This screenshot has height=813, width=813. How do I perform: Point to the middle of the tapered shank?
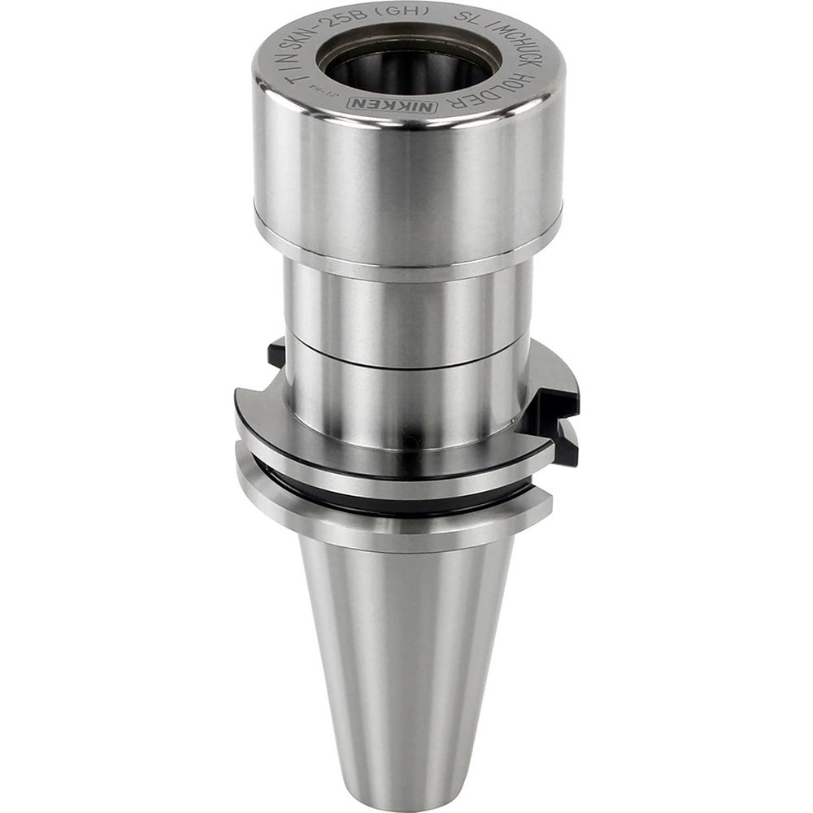pos(402,650)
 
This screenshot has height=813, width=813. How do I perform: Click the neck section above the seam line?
pos(406,309)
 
